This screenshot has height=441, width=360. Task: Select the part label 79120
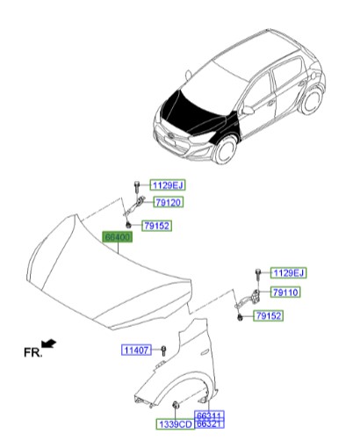tap(169, 202)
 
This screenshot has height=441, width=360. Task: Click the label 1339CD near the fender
tap(174, 424)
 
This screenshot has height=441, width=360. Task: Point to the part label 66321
tap(207, 424)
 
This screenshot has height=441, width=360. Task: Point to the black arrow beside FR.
tap(51, 346)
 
